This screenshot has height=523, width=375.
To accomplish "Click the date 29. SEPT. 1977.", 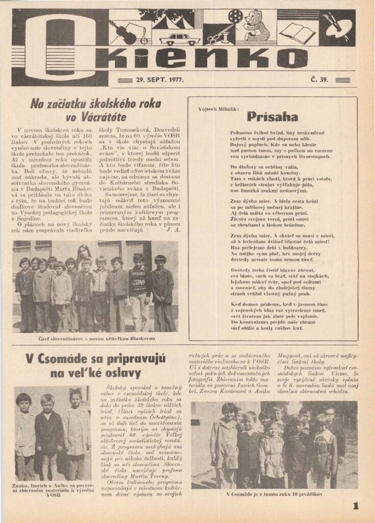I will tap(160, 80).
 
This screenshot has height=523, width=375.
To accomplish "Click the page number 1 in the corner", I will tap(356, 506).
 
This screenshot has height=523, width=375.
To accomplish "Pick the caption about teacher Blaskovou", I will tap(95, 339).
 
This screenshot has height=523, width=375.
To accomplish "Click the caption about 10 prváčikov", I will tap(274, 494).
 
